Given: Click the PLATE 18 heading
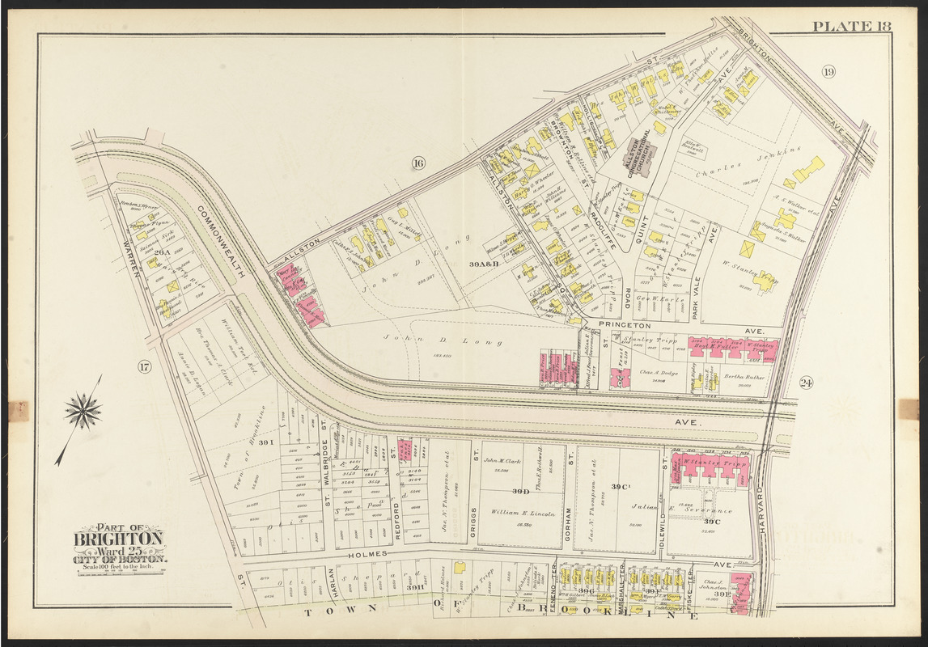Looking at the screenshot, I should click(851, 26).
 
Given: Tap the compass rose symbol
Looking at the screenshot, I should click(83, 412).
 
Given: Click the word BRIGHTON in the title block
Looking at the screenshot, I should click(119, 539).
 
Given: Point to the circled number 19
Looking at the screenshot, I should click(828, 72).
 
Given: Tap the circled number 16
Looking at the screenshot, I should click(417, 164).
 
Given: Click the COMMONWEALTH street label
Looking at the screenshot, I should click(219, 240).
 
